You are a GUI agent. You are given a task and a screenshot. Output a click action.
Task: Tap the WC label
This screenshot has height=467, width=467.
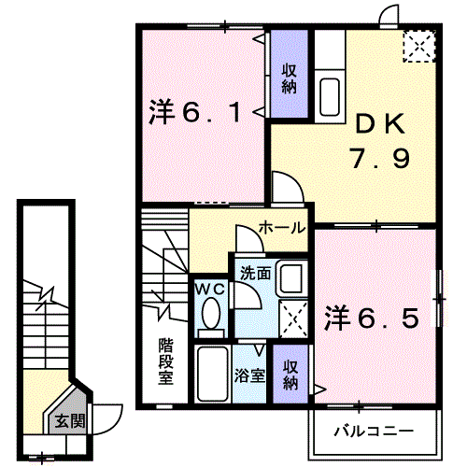click(209, 290)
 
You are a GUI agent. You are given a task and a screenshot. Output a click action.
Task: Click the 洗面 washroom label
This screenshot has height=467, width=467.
click(254, 274)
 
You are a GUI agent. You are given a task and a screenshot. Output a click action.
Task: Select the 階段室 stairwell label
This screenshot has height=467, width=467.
click(166, 361)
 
